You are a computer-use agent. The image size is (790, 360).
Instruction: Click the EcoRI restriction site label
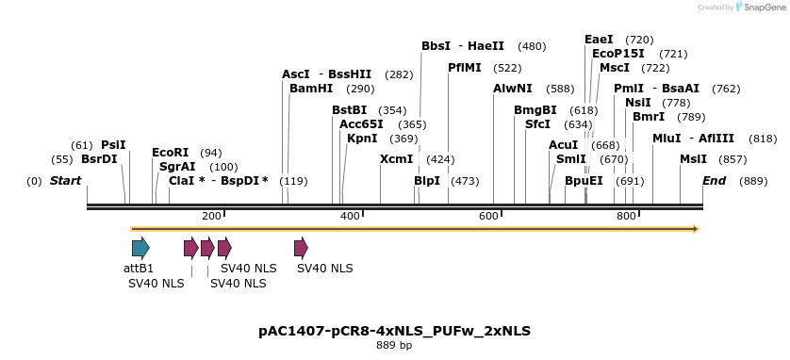click(170, 153)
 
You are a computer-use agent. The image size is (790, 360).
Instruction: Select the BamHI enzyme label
click(311, 89)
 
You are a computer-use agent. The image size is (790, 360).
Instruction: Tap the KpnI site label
click(362, 139)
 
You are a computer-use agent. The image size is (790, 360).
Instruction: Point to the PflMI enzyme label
click(465, 68)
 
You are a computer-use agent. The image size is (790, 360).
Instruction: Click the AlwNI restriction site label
click(513, 89)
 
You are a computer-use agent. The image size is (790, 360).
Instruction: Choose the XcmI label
click(396, 159)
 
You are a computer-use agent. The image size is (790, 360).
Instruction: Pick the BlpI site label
click(427, 181)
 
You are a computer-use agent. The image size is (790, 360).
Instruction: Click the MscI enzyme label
click(615, 68)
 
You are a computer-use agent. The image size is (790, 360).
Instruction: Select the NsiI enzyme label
click(637, 103)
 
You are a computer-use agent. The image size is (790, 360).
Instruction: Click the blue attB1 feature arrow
click(140, 248)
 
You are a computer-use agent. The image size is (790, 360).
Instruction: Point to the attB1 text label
click(139, 269)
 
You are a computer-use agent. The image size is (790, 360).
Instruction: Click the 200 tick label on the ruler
click(211, 216)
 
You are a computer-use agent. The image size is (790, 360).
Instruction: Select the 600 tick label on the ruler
click(488, 216)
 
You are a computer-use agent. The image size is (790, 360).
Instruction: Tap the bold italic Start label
click(65, 181)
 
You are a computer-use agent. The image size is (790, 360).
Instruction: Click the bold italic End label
click(714, 181)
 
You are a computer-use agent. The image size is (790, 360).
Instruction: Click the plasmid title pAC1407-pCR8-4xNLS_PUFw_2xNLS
click(394, 331)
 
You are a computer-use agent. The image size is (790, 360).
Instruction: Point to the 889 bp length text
click(394, 346)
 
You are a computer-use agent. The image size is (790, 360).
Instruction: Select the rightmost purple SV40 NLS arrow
click(301, 248)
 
